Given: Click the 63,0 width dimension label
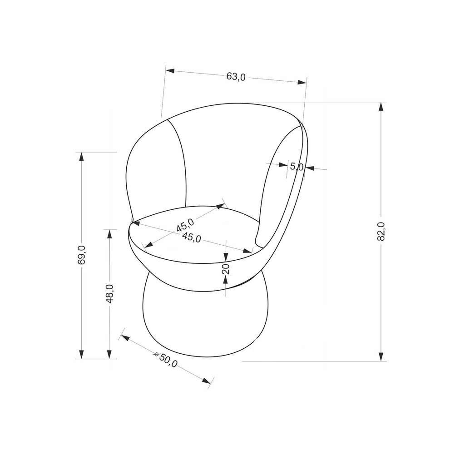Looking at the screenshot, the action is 236,76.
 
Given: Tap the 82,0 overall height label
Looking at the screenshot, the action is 381,231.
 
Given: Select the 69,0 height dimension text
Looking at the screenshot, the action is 82,255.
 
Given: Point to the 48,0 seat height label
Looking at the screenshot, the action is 110,294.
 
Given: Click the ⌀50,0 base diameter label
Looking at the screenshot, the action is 166,360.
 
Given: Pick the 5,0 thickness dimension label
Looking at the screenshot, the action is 297,167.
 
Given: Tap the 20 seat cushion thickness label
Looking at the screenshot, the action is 226,269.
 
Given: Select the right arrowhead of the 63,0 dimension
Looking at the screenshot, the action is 302,82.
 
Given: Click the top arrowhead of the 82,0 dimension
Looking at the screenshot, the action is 381,106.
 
